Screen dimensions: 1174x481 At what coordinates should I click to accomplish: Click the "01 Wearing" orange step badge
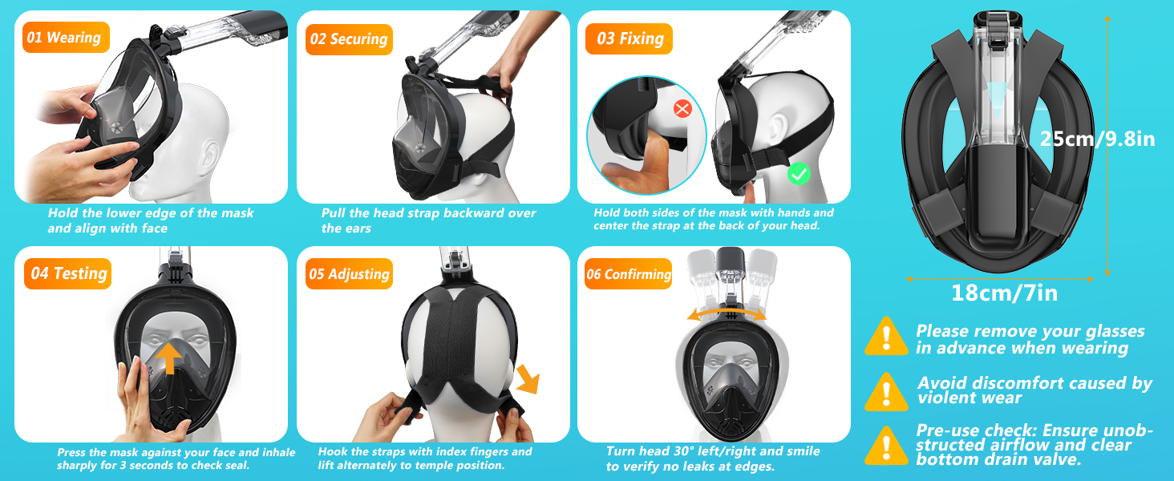tap(66, 37)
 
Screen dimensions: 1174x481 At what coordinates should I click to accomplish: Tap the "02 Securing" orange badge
tap(349, 39)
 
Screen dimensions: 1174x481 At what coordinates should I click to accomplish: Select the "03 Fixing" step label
tap(629, 38)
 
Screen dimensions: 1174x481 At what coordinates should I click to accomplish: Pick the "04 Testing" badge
tap(67, 273)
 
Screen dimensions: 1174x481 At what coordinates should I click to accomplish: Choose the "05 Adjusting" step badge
tap(349, 274)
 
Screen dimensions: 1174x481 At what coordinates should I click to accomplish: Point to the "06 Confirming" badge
tap(629, 274)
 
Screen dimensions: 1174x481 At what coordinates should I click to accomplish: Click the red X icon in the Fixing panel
tap(682, 109)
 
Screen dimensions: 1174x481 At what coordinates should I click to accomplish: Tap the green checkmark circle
tap(799, 174)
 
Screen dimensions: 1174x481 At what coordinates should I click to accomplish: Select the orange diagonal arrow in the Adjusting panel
tap(528, 379)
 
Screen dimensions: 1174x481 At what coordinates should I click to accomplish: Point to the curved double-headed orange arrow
tap(727, 313)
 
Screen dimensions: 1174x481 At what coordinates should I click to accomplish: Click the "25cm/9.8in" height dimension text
tap(1098, 139)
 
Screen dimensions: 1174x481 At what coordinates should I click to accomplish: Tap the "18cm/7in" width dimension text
tap(1004, 293)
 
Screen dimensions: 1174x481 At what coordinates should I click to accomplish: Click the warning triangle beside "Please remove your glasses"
tap(886, 336)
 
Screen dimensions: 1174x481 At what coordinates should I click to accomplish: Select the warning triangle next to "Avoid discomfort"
tap(886, 392)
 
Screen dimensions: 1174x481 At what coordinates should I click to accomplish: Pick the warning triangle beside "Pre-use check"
tap(886, 446)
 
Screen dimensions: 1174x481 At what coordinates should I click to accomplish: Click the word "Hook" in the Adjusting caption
tap(332, 451)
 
